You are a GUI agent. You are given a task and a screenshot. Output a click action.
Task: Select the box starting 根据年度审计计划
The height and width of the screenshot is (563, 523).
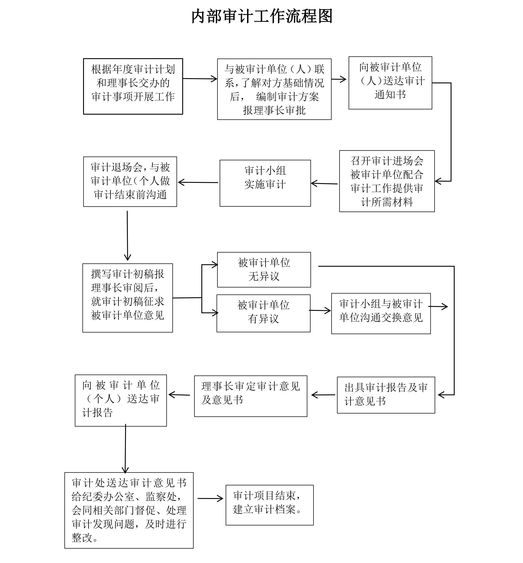pos(133,86)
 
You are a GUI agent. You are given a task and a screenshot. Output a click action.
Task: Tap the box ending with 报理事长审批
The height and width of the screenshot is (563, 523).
pos(274,89)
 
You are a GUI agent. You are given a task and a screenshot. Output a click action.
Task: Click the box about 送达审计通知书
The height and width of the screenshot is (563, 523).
pos(390,83)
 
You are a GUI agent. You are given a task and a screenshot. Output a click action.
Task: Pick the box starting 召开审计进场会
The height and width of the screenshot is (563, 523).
pos(387,181)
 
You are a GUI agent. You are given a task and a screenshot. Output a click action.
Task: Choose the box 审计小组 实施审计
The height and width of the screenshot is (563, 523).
pos(265,183)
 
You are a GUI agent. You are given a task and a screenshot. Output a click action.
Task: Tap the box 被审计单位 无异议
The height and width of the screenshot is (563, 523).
pos(264,270)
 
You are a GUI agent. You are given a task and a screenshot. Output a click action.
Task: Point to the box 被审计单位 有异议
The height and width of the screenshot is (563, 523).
pos(263,313)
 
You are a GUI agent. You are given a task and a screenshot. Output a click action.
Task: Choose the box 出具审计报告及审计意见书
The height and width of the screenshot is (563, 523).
pos(386,395)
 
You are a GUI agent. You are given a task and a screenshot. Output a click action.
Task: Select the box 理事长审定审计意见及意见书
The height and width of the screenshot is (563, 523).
pos(251,396)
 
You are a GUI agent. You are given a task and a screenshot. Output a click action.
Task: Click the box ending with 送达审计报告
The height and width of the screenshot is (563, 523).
pos(120,400)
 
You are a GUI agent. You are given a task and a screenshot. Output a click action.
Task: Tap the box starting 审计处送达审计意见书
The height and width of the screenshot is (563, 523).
pos(129,510)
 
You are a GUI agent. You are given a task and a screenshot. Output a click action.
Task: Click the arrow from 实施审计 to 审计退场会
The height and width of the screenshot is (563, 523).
pos(198,182)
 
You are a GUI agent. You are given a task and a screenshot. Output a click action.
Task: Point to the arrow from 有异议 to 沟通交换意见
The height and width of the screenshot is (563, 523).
pos(320,311)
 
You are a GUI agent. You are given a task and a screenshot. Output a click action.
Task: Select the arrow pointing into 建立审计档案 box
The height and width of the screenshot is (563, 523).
pos(210,498)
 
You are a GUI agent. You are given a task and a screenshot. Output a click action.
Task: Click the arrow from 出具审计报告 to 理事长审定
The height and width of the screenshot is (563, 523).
pos(323,395)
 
